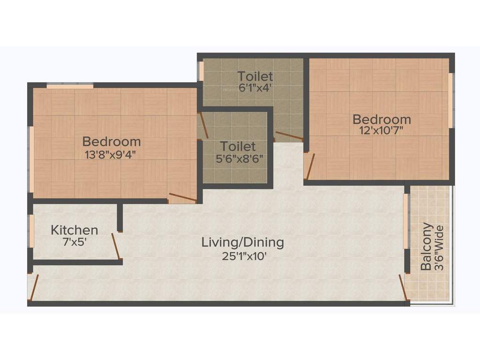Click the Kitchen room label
[x=75, y=230]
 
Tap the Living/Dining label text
[x=243, y=243]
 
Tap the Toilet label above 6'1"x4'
[x=255, y=76]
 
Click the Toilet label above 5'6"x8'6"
[x=238, y=146]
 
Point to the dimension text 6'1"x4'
[x=255, y=88]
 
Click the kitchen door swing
[x=116, y=246]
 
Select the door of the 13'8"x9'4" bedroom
[x=183, y=197]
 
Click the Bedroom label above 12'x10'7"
[x=382, y=119]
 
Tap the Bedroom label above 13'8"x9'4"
[x=112, y=141]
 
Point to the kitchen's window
[x=31, y=231]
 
